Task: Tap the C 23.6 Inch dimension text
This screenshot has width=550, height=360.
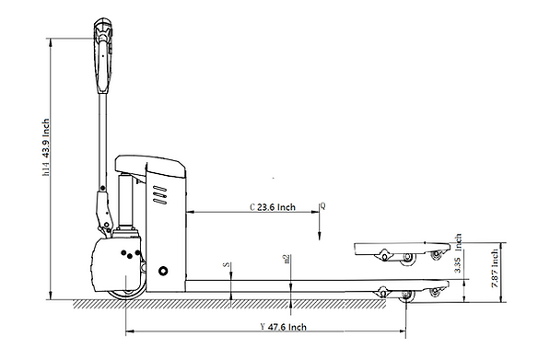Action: coord(273,207)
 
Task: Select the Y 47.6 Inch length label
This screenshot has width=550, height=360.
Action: coord(283,326)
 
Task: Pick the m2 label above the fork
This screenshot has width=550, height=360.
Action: coord(287,261)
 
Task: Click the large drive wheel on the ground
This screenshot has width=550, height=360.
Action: coord(124,292)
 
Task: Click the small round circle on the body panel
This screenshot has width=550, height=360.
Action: coord(164,272)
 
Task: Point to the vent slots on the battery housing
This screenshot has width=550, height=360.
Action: coord(160,196)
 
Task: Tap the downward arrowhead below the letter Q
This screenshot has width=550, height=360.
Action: coord(317,237)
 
